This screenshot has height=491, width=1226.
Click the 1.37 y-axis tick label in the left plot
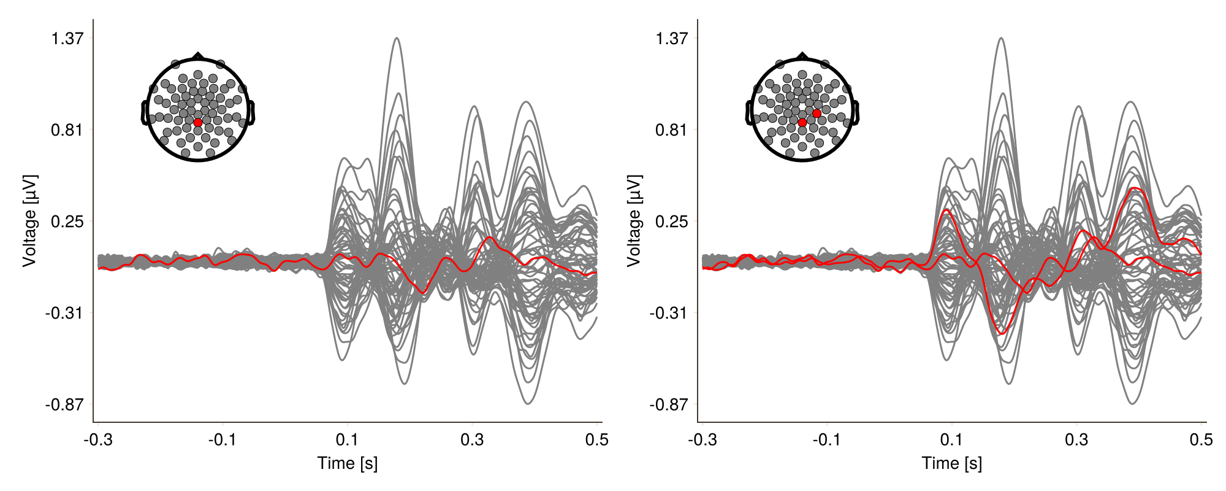click(67, 39)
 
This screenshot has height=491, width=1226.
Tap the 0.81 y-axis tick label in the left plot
click(67, 130)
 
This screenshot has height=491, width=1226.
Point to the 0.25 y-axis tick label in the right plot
click(671, 222)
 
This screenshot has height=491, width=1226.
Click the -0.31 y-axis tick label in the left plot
click(64, 313)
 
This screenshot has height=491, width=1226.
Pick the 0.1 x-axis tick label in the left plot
click(347, 439)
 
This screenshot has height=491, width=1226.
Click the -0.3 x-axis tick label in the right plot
click(702, 439)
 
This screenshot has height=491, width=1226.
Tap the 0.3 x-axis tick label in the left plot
click(472, 439)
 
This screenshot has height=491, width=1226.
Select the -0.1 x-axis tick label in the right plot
click(827, 439)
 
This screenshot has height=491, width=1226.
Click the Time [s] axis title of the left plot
click(348, 463)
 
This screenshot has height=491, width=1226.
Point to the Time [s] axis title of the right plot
click(952, 463)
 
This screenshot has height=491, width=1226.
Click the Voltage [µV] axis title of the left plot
click(29, 221)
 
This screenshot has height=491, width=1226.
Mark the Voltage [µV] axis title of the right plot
click(634, 221)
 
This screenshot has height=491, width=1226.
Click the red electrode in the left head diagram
click(198, 123)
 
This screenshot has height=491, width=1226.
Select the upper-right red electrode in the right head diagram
click(817, 114)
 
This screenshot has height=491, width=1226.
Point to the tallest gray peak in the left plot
click(397, 38)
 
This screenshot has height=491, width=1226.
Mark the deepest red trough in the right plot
click(1002, 333)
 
